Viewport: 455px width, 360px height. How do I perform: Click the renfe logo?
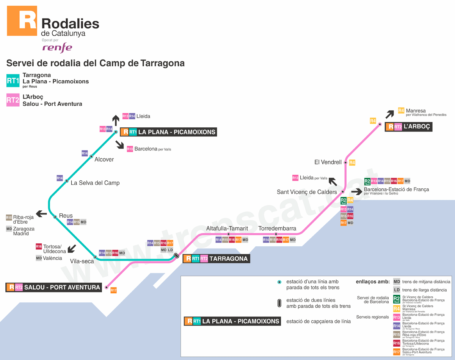57,47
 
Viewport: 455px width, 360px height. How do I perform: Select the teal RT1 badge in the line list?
13,80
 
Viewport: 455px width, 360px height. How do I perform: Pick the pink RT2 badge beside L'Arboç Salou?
13,100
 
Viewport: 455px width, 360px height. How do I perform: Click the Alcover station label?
104,160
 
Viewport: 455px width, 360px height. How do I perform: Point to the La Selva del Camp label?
95,183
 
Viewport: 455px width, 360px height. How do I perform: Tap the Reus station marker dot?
55,217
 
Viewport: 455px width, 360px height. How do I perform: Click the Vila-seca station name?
82,261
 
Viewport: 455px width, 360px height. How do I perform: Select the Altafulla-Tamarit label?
227,229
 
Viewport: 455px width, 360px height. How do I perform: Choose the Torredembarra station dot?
276,234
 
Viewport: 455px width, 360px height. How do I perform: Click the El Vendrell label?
328,162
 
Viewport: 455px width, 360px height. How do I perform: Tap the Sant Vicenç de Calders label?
307,192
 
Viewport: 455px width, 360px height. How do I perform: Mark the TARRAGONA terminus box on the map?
216,259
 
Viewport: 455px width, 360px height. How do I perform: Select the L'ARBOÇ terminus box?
408,127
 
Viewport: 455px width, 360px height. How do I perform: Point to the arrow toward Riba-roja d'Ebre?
41,214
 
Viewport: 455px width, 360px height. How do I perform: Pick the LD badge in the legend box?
397,290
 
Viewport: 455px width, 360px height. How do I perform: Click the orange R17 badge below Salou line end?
113,290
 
